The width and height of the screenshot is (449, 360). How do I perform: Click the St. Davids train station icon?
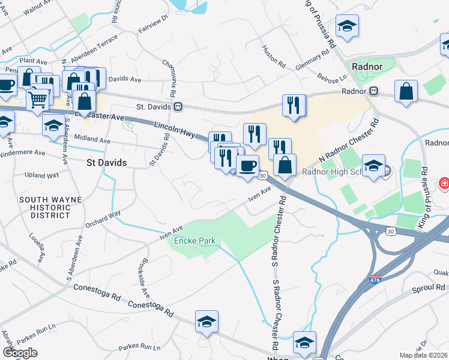178,107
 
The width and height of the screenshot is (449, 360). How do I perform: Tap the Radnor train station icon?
373,91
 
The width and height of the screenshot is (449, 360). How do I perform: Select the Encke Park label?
194,241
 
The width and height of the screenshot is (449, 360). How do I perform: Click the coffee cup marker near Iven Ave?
247,166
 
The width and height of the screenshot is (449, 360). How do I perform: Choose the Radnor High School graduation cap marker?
373,165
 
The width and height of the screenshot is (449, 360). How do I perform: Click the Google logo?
20,353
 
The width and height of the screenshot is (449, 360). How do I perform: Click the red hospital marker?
444,182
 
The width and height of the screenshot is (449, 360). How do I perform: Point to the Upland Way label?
42,175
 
